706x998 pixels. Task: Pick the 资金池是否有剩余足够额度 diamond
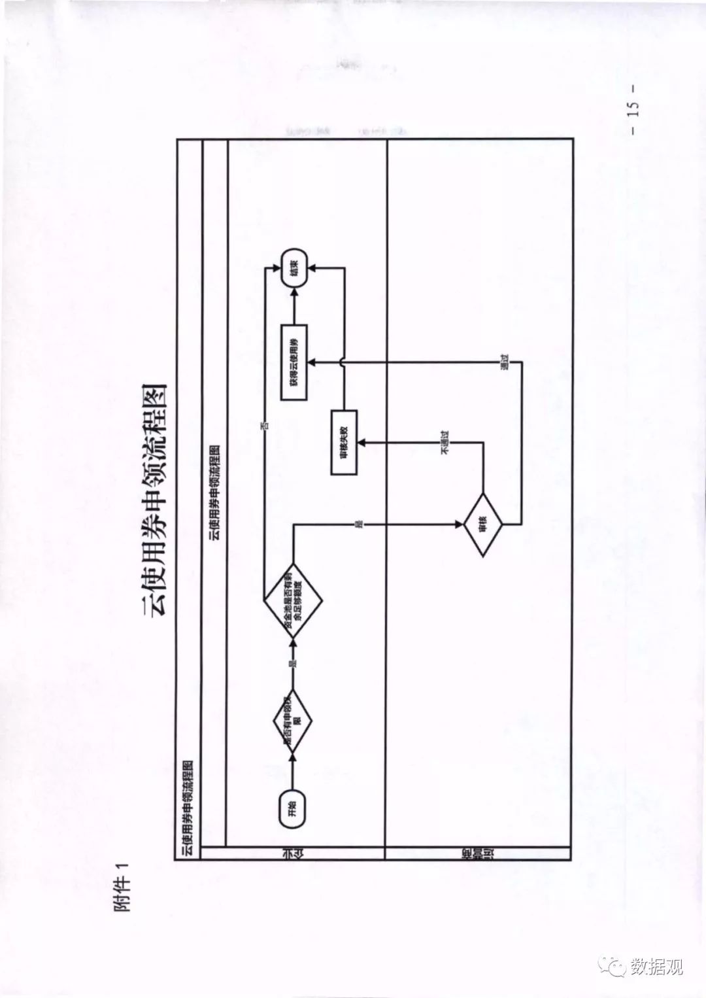(293, 600)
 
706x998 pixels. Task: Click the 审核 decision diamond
(483, 525)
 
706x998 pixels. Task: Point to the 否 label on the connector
(265, 426)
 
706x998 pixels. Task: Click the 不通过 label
(446, 442)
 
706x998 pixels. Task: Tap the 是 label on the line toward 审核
(358, 524)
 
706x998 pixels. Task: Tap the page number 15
(633, 109)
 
